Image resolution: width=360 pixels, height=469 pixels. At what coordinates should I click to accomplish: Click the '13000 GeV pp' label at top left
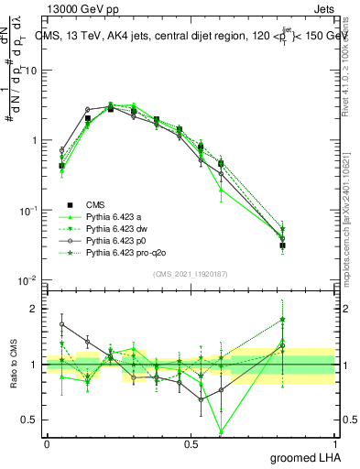[x=74, y=8]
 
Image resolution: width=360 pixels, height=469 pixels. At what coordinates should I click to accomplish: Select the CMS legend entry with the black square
[x=95, y=203]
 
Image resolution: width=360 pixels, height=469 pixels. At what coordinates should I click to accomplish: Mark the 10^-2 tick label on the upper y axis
[x=28, y=280]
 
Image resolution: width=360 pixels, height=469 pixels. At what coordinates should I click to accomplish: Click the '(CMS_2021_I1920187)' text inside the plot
[x=191, y=274]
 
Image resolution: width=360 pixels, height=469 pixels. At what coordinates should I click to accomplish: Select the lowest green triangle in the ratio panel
[x=221, y=431]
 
